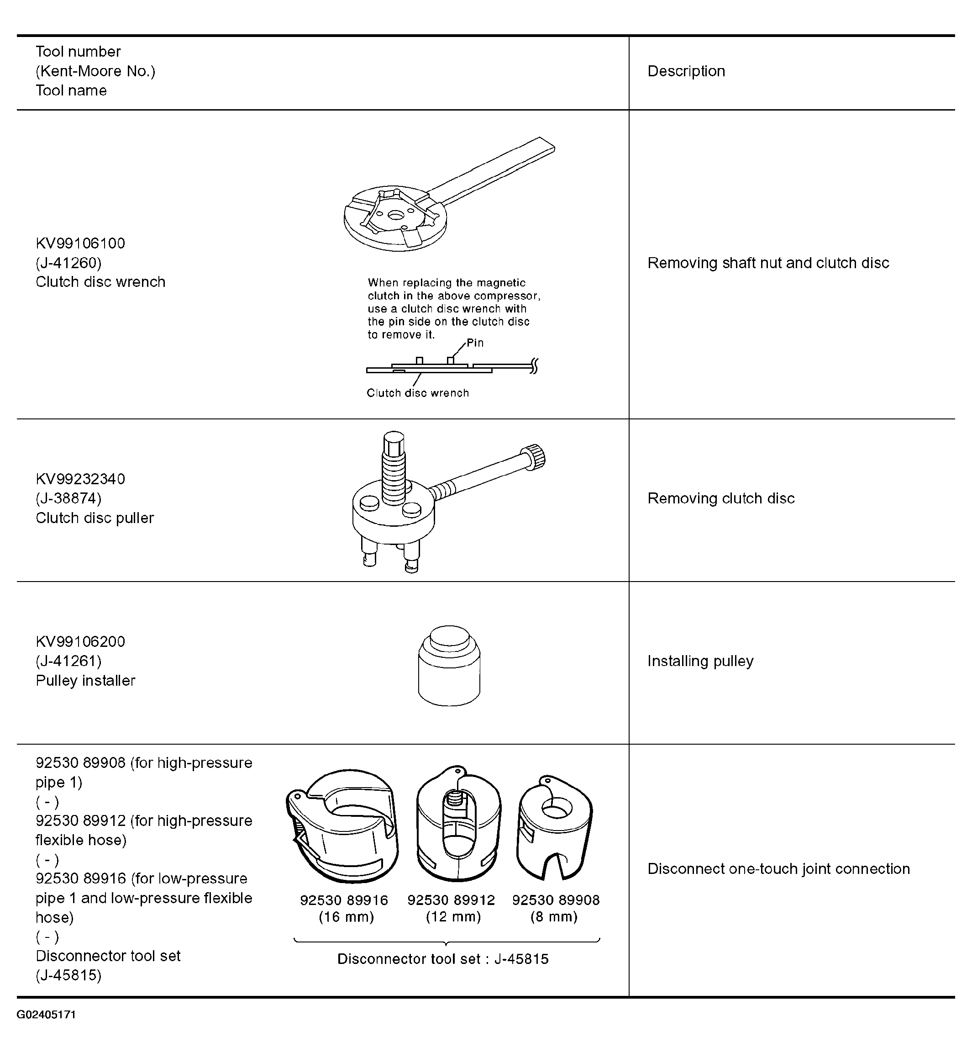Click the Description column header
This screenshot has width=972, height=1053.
[686, 71]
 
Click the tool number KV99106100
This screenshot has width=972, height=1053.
[80, 243]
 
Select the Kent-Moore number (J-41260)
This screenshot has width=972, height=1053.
[68, 263]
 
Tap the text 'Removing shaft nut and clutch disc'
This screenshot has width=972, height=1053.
[768, 263]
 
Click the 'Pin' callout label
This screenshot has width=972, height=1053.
[475, 343]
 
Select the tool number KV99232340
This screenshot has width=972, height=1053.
[80, 479]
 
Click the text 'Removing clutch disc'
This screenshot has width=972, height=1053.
[720, 498]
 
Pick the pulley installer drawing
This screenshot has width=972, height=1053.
[449, 666]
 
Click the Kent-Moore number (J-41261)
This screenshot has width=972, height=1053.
[68, 661]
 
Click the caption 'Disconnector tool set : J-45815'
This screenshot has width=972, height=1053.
[443, 959]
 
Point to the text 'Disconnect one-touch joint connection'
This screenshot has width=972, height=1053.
[778, 869]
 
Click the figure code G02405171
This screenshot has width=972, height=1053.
[46, 1015]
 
